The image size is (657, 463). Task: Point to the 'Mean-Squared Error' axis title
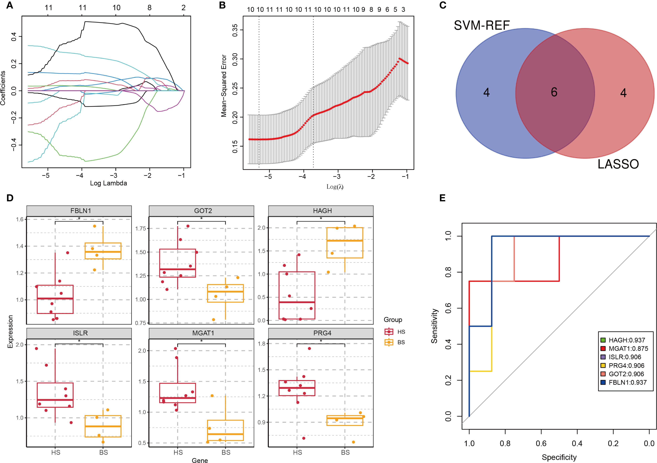pyautogui.click(x=224, y=86)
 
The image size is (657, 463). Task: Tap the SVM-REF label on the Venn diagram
pyautogui.click(x=482, y=25)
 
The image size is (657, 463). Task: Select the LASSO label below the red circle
pyautogui.click(x=618, y=164)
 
